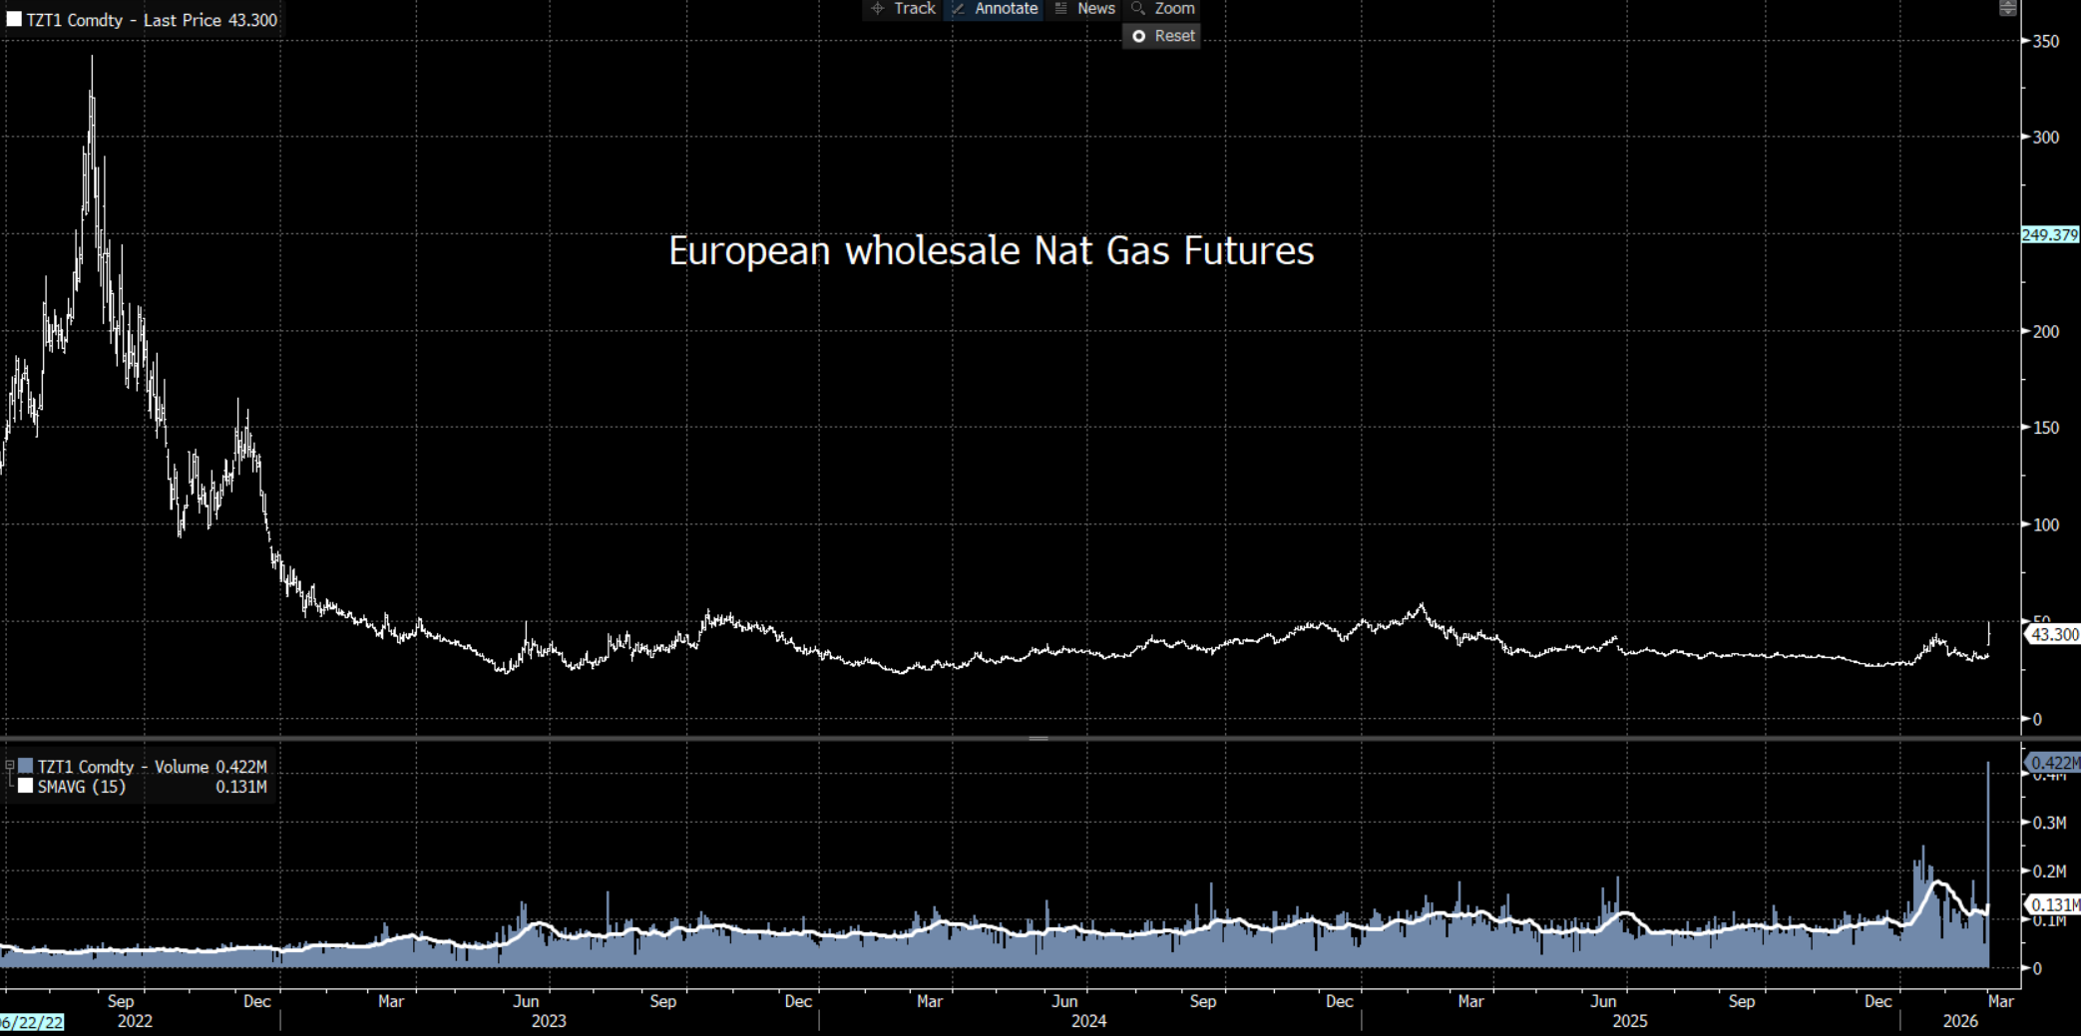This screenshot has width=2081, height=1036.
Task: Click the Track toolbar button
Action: pyautogui.click(x=903, y=9)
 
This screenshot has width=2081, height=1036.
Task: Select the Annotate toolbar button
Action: pyautogui.click(x=995, y=9)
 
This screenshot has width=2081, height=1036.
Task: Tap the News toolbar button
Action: pyautogui.click(x=1085, y=9)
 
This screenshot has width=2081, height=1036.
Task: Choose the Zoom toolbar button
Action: pyautogui.click(x=1163, y=9)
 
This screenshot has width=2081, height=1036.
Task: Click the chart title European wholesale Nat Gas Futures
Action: pyautogui.click(x=991, y=251)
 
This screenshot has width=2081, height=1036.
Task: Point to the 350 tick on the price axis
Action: pyautogui.click(x=2045, y=42)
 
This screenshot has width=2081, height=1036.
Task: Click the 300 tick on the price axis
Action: pyautogui.click(x=2045, y=138)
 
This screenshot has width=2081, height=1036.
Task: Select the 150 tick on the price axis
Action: pyautogui.click(x=2045, y=428)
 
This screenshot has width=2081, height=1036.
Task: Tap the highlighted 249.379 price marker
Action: pyautogui.click(x=2050, y=235)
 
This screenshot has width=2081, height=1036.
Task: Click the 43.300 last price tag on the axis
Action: pyautogui.click(x=2054, y=634)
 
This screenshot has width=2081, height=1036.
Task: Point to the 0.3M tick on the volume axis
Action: pyautogui.click(x=2049, y=823)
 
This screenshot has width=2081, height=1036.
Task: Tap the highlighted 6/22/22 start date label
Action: pyautogui.click(x=32, y=1022)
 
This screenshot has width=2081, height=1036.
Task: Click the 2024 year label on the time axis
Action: pyautogui.click(x=1088, y=1021)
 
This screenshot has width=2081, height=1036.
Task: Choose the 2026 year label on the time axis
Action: pyautogui.click(x=1960, y=1021)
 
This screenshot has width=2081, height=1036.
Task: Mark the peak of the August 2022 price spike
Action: pyautogui.click(x=92, y=57)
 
